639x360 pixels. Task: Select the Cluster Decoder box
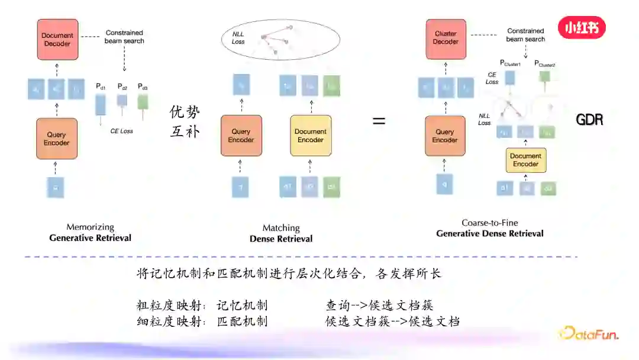pyautogui.click(x=446, y=38)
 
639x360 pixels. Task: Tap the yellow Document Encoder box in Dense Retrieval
pyautogui.click(x=310, y=136)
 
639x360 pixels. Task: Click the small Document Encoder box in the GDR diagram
pyautogui.click(x=525, y=160)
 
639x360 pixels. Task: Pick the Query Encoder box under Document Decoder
pyautogui.click(x=57, y=139)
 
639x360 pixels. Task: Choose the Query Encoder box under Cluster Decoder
pyautogui.click(x=445, y=136)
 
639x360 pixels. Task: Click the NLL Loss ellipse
pyautogui.click(x=280, y=40)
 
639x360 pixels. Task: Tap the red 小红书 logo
pyautogui.click(x=582, y=27)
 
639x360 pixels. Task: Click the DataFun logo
pyautogui.click(x=589, y=333)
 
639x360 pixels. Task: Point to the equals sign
pyautogui.click(x=379, y=121)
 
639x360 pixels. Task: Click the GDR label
pyautogui.click(x=589, y=120)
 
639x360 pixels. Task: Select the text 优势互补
pyautogui.click(x=185, y=121)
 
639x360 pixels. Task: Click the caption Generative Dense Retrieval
pyautogui.click(x=489, y=233)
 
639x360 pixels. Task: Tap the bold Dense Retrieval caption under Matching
pyautogui.click(x=281, y=239)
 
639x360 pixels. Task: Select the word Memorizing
pyautogui.click(x=90, y=227)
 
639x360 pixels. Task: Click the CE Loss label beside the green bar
pyautogui.click(x=122, y=131)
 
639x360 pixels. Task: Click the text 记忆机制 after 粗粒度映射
pyautogui.click(x=242, y=306)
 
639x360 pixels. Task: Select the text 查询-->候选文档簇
pyautogui.click(x=379, y=306)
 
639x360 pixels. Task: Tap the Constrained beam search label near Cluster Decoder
pyautogui.click(x=525, y=35)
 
